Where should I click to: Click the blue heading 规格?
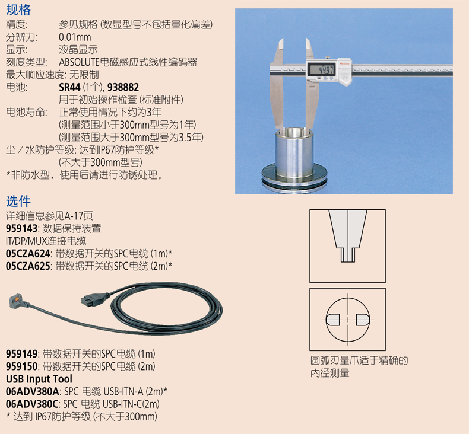coord(18,10)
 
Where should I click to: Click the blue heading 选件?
coord(18,202)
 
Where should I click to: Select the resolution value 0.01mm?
coord(75,37)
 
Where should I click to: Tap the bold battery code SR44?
coord(69,87)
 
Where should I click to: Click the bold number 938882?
coord(123,87)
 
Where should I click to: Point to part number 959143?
coord(21,228)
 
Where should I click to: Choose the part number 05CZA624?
coord(28,254)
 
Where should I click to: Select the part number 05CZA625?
coord(28,266)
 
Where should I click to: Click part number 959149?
coord(21,354)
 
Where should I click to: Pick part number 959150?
coord(21,366)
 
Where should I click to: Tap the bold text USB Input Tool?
coord(39,379)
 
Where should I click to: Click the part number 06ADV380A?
coord(32,391)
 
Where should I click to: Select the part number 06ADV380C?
coord(32,404)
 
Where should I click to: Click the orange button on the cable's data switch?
coord(18,298)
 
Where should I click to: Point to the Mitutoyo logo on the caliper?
coord(344,63)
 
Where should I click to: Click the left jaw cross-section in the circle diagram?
coord(332,320)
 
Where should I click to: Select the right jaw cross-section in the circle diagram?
coord(363,320)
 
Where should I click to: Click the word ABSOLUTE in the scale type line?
coord(79,62)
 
